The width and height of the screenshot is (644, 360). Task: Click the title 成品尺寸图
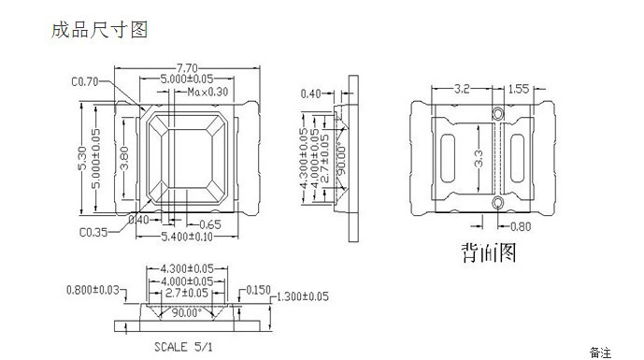pos(99,30)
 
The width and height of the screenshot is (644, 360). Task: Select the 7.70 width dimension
pos(187,68)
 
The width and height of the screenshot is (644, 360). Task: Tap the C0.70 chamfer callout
pos(85,81)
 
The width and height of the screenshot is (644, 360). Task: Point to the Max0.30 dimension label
pos(208,92)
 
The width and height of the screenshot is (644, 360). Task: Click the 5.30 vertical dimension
pos(82,158)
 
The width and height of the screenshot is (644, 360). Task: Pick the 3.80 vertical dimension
pos(123,158)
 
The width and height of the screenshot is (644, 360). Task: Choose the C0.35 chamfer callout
pos(93,232)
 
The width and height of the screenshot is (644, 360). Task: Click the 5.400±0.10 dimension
pos(187,237)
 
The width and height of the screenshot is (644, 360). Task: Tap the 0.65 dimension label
pos(210,224)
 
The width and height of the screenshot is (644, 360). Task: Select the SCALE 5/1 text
pos(183,347)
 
